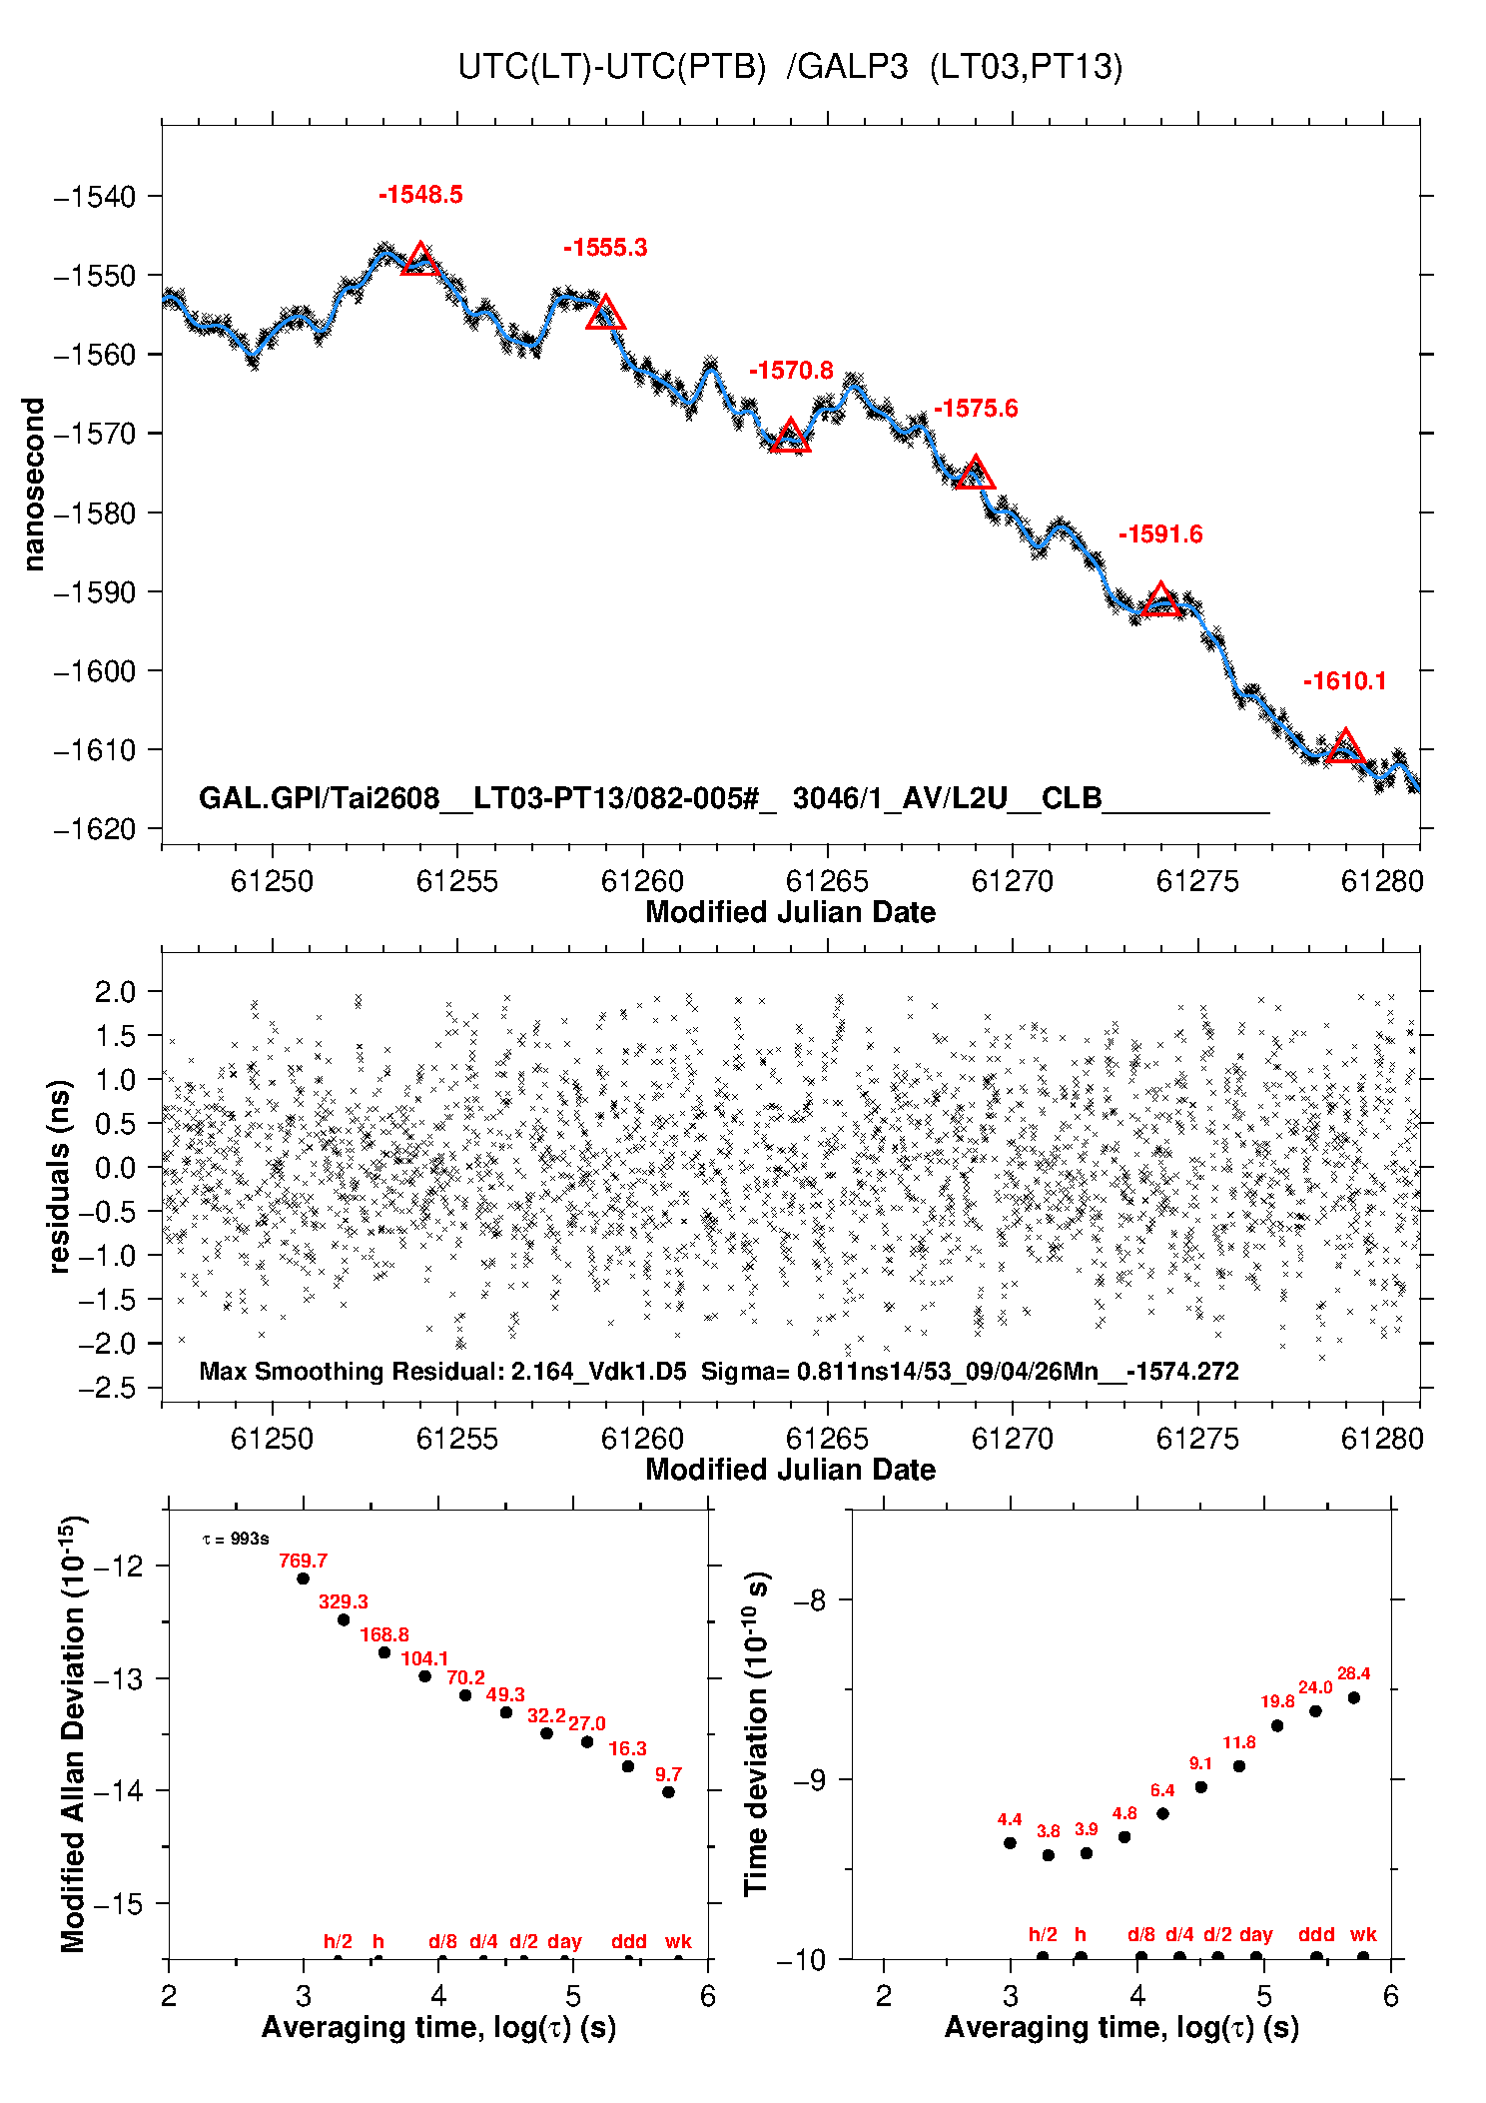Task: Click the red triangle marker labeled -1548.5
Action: coord(420,260)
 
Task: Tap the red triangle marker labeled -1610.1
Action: coord(1345,747)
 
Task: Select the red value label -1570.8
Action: coord(791,371)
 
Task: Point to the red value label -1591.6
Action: coord(1160,534)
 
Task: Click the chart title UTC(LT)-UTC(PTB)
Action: coord(611,67)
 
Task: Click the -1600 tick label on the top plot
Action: coord(94,671)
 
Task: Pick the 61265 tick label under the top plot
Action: coord(827,881)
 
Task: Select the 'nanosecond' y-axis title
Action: coord(34,485)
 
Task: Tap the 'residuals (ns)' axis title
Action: coord(60,1176)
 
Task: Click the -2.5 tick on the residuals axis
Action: coord(106,1388)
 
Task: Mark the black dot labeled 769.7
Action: coord(303,1578)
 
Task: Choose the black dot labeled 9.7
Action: coord(668,1792)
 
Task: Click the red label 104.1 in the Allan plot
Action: coord(424,1658)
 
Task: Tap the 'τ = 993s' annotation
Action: coord(236,1540)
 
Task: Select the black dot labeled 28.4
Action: coord(1354,1698)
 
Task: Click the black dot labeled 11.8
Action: coord(1239,1766)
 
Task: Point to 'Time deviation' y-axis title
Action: coord(757,1737)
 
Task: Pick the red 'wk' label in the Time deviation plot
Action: coord(1363,1935)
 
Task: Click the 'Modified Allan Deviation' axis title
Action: coord(73,1734)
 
